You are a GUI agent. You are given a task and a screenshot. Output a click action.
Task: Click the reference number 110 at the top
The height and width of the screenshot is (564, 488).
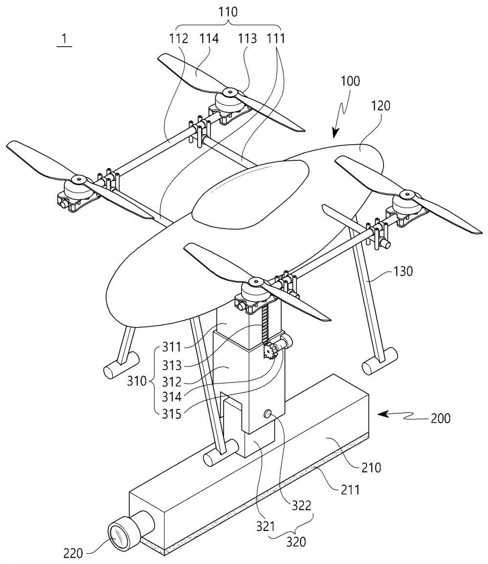(228, 12)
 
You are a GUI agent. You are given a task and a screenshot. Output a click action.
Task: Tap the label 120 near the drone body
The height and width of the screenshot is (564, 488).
(380, 106)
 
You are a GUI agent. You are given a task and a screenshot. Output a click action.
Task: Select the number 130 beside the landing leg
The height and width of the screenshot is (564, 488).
(403, 271)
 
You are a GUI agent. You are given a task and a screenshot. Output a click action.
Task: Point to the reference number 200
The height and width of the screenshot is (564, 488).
(441, 418)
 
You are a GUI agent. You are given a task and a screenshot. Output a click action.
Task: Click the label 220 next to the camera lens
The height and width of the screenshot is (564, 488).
(73, 553)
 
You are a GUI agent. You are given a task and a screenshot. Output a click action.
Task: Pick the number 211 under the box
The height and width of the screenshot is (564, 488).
(350, 489)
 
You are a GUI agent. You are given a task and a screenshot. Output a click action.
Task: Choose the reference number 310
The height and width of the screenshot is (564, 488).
(137, 381)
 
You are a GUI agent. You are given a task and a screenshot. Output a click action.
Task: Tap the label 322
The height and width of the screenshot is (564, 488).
(301, 506)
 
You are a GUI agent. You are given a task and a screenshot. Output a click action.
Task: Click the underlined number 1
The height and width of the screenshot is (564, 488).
(64, 39)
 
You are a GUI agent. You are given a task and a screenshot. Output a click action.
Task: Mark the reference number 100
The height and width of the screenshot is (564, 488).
(350, 81)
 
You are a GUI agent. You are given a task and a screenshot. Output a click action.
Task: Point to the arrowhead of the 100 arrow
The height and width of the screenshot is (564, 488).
(336, 134)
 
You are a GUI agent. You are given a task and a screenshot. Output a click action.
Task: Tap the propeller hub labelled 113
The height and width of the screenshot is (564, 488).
(229, 93)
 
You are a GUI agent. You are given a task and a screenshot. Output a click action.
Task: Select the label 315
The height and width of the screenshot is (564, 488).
(171, 414)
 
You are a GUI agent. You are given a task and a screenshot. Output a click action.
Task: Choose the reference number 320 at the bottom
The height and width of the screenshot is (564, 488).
(296, 542)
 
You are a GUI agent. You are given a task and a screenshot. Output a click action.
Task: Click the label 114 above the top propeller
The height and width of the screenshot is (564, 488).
(209, 38)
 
